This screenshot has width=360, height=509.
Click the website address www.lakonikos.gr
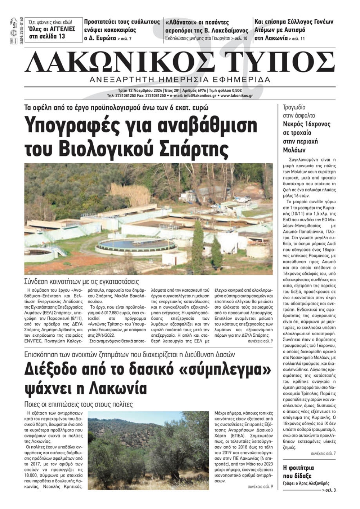(237, 96)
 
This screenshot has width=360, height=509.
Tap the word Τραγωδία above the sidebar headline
(294, 107)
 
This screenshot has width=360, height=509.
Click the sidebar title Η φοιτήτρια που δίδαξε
(298, 472)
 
